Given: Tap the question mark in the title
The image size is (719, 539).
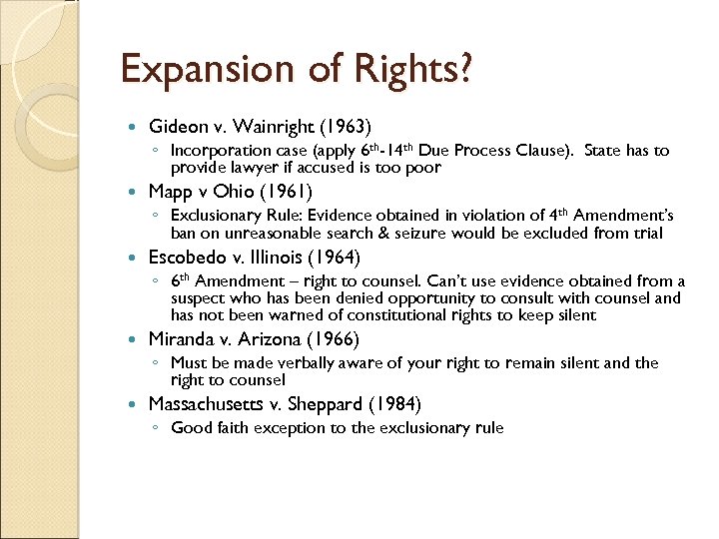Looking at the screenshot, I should [464, 70].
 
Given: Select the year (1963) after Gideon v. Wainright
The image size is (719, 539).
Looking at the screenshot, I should [344, 127].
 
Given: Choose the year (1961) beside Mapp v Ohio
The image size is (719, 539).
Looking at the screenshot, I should [285, 191].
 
